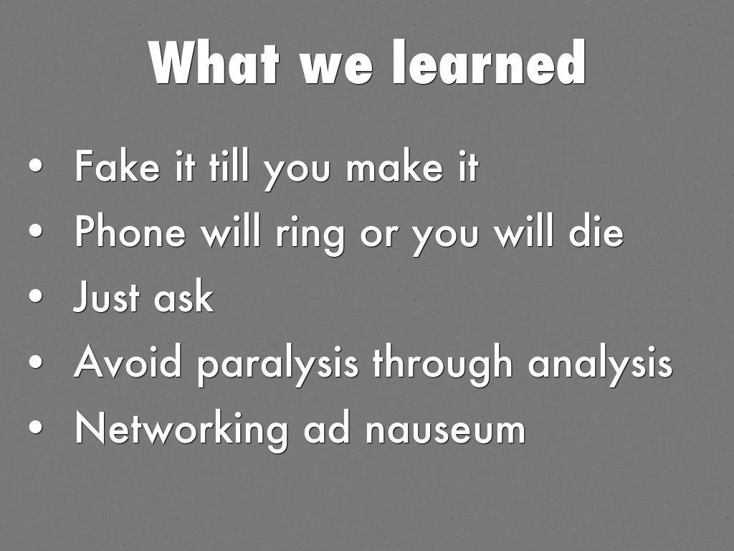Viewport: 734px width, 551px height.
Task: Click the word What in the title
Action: (214, 62)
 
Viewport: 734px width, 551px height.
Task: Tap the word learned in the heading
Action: (489, 62)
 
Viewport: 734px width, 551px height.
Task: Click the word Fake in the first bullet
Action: (117, 166)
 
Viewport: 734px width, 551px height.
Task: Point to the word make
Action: (394, 166)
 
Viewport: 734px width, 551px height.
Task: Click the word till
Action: (229, 166)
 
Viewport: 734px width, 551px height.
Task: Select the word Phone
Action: (130, 231)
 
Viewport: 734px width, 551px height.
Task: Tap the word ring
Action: (310, 235)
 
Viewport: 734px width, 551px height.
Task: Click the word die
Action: (596, 231)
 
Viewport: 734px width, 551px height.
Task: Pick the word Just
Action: (106, 296)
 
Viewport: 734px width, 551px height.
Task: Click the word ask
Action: (183, 296)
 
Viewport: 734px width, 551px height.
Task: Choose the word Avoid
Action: (128, 362)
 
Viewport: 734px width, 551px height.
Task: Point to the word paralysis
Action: (278, 365)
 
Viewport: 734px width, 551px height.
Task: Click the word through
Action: (443, 365)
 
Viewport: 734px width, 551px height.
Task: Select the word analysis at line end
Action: (600, 365)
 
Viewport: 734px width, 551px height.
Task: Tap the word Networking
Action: (181, 431)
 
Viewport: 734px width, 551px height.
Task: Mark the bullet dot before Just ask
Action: (36, 297)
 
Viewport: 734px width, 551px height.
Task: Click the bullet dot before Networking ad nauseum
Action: (36, 428)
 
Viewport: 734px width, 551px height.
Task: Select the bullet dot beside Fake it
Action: (36, 166)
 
